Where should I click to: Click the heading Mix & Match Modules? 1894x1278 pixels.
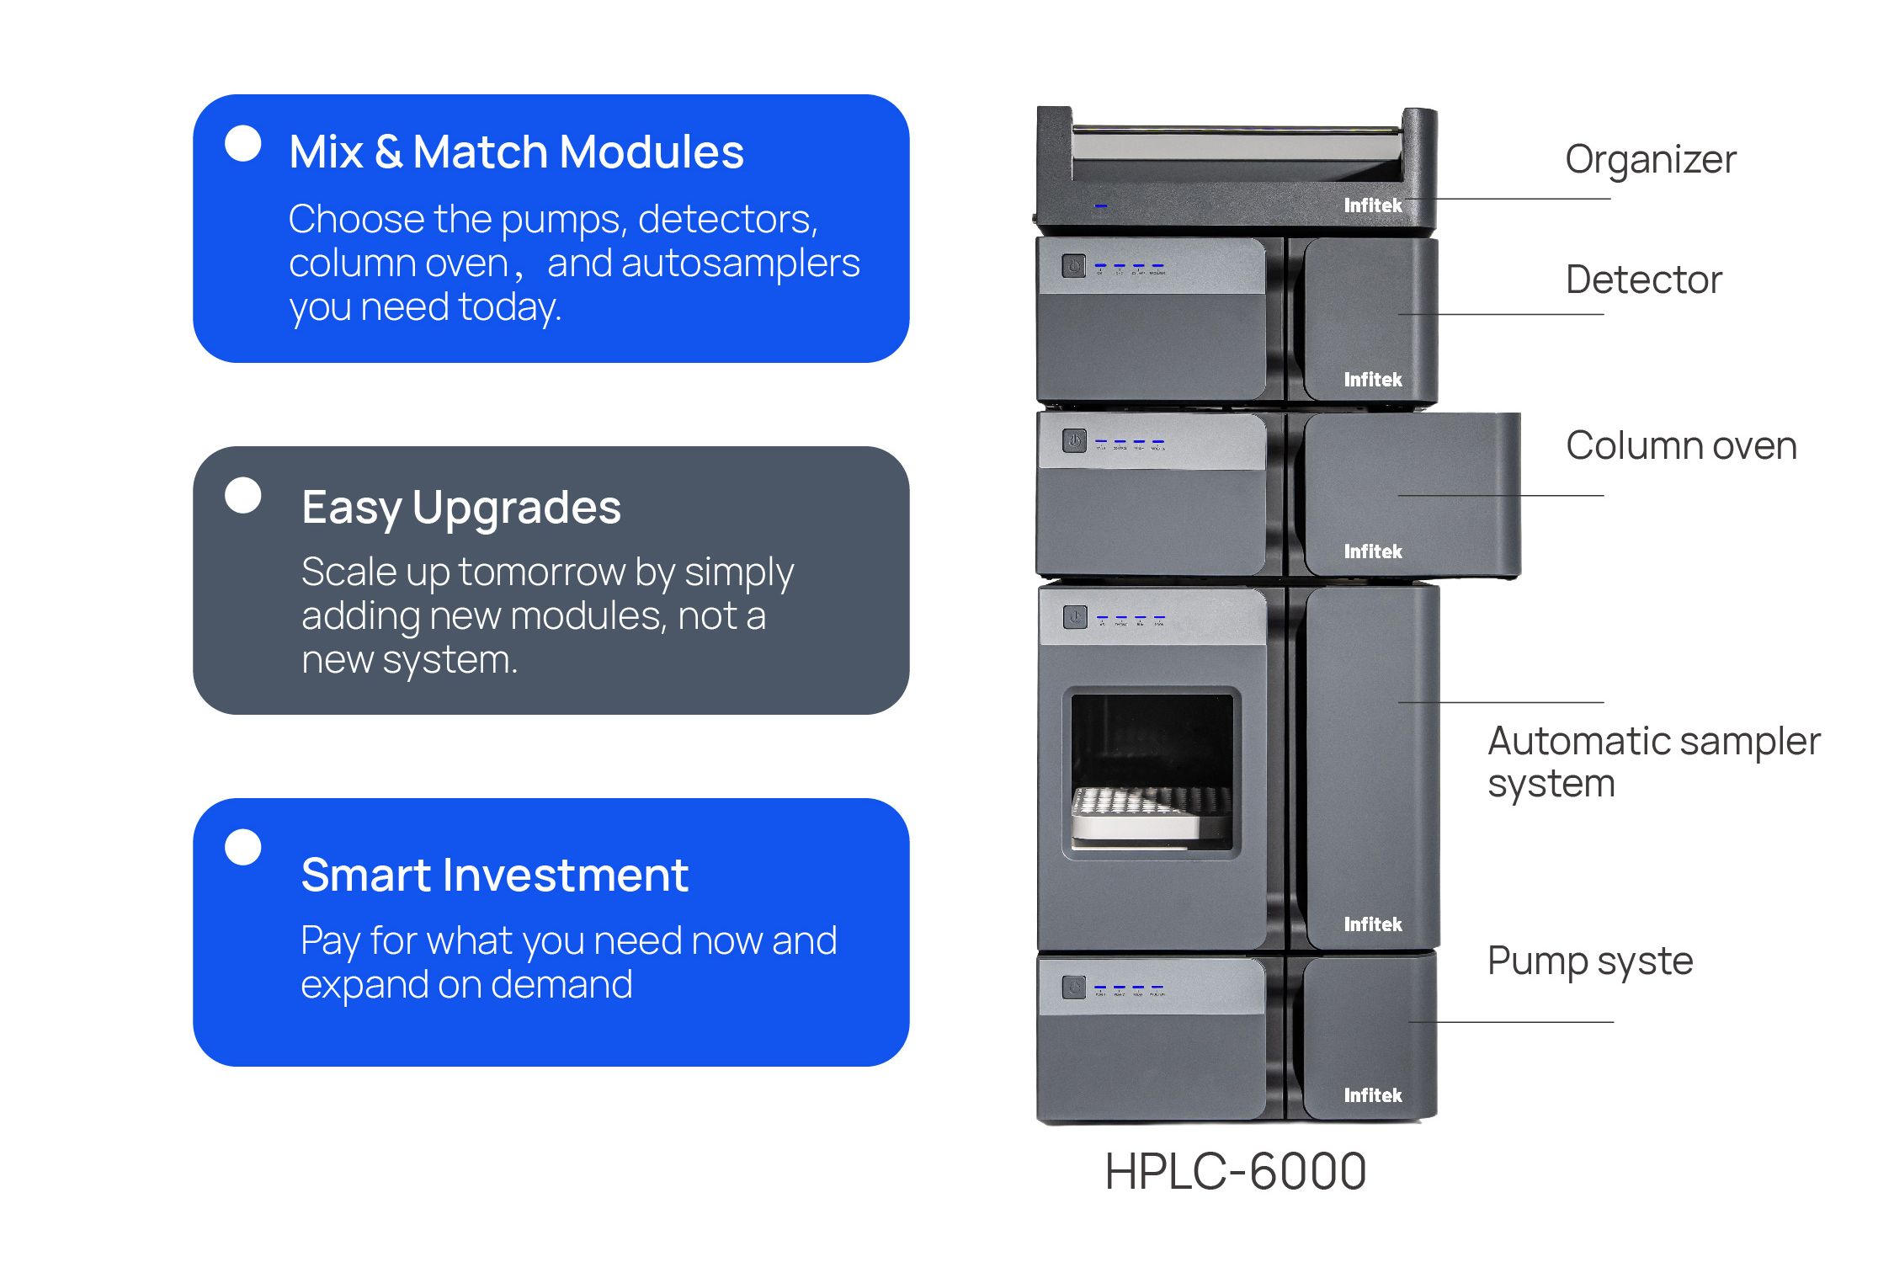pos(516,152)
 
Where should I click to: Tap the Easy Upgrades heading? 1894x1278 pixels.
pos(460,508)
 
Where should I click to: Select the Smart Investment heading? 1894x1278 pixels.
pos(494,875)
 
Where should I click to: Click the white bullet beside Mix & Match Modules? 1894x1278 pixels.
pos(243,143)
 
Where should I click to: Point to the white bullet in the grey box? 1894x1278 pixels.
pos(243,495)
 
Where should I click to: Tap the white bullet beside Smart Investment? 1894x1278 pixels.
pos(243,847)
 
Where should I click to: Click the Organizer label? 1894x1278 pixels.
pos(1650,159)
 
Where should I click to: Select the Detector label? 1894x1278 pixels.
pos(1643,280)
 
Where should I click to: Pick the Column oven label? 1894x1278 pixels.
pos(1680,445)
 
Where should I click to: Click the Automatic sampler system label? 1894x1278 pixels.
pos(1652,762)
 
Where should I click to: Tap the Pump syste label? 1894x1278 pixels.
pos(1589,961)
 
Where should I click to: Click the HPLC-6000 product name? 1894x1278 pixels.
pos(1235,1171)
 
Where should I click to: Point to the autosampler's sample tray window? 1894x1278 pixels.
pos(1151,772)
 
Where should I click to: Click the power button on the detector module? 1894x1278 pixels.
pos(1073,267)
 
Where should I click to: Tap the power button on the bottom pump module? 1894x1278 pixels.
pos(1073,987)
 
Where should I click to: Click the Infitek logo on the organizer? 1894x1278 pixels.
pos(1372,205)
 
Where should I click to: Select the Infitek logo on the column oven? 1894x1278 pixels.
pos(1372,551)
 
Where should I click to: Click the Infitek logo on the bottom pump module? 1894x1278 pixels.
pos(1372,1095)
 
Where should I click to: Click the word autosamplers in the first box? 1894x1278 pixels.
pos(741,264)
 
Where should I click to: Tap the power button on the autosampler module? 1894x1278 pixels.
pos(1074,617)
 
